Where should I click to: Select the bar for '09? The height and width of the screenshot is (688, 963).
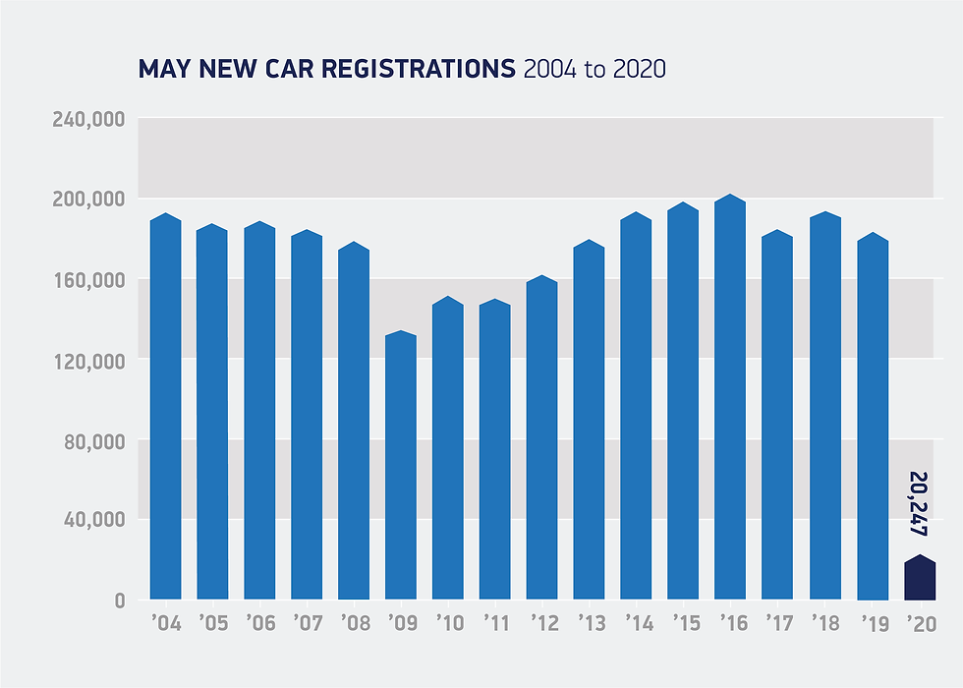[401, 467]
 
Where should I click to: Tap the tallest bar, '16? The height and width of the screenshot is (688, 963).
[730, 398]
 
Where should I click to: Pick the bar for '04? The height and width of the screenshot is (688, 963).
[166, 408]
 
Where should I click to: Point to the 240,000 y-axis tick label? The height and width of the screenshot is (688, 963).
[90, 119]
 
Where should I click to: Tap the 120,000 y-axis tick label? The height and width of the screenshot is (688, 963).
[90, 360]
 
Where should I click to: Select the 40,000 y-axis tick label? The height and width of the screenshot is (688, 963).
[95, 520]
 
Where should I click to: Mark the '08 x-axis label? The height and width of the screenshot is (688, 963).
[354, 623]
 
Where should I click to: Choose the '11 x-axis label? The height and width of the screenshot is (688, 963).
[495, 623]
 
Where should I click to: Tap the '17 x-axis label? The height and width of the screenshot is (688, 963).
[777, 623]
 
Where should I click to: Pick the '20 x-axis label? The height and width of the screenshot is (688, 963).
[920, 623]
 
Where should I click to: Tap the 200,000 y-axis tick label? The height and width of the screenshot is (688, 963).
[90, 200]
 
